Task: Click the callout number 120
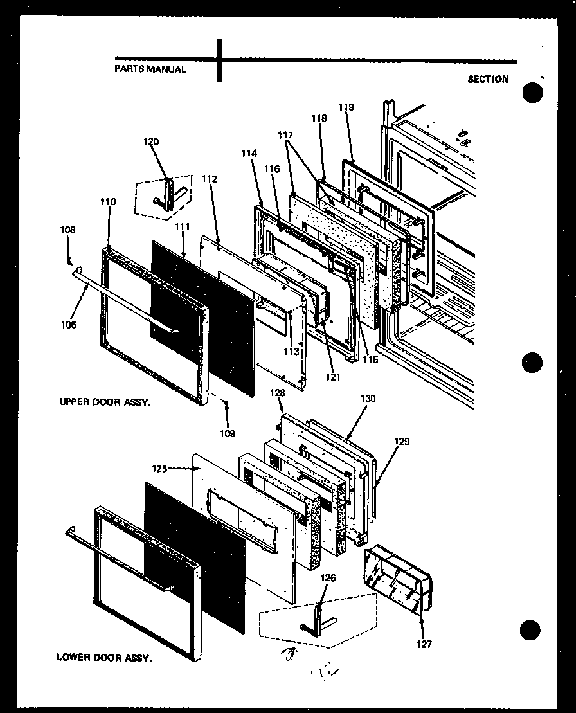coord(152,141)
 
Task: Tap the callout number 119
coord(346,107)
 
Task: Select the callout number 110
coord(108,201)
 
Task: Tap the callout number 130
coord(368,399)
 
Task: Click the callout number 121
coord(332,377)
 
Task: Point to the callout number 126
coord(328,577)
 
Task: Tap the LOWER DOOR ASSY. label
coord(104,658)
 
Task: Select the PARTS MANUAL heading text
coord(150,68)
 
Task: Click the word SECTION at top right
coord(488,79)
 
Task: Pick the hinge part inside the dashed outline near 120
coord(171,195)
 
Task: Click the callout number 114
coord(249,154)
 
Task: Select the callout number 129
coord(402,442)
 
